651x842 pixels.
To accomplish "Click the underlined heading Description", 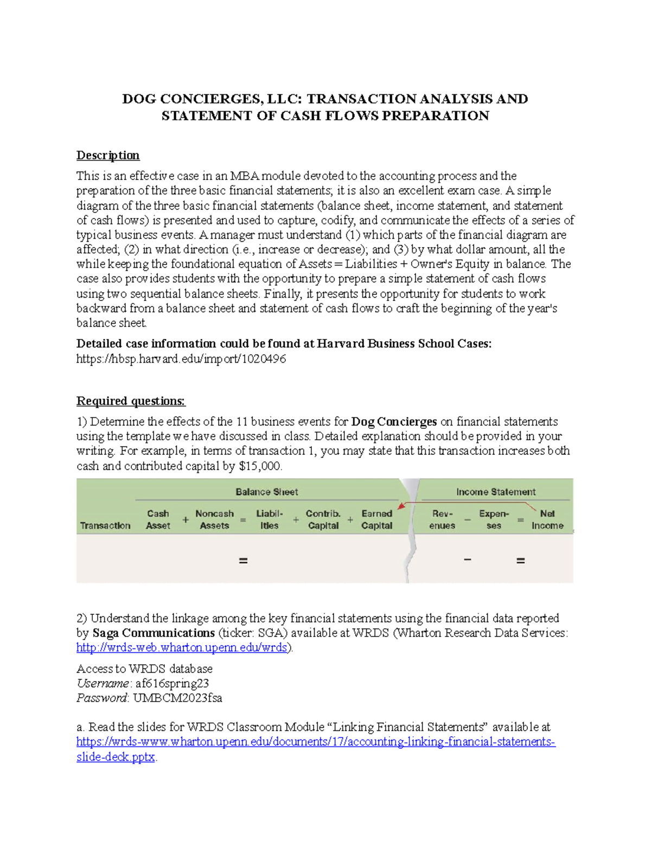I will click(x=108, y=156).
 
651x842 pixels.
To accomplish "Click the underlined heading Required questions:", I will click(x=131, y=401).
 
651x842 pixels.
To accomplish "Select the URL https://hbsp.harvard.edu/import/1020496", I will click(x=181, y=359).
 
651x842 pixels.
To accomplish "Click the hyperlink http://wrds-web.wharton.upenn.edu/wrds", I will click(x=181, y=647).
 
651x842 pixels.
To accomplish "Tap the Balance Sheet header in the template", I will click(x=266, y=492).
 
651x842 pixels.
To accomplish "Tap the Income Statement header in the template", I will click(x=495, y=492).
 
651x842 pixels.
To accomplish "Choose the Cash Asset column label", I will click(x=158, y=519).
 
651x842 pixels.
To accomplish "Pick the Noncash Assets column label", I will click(x=214, y=519).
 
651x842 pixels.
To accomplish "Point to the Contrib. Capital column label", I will click(x=323, y=519).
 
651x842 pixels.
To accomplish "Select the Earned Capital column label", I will click(x=376, y=519).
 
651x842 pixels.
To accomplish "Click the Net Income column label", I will click(x=547, y=519).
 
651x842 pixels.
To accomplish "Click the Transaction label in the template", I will click(x=105, y=525).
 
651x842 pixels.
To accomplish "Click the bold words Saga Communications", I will click(x=154, y=633).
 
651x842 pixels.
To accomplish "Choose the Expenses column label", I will click(x=494, y=519).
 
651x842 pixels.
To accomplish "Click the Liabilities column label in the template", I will click(x=269, y=519).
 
